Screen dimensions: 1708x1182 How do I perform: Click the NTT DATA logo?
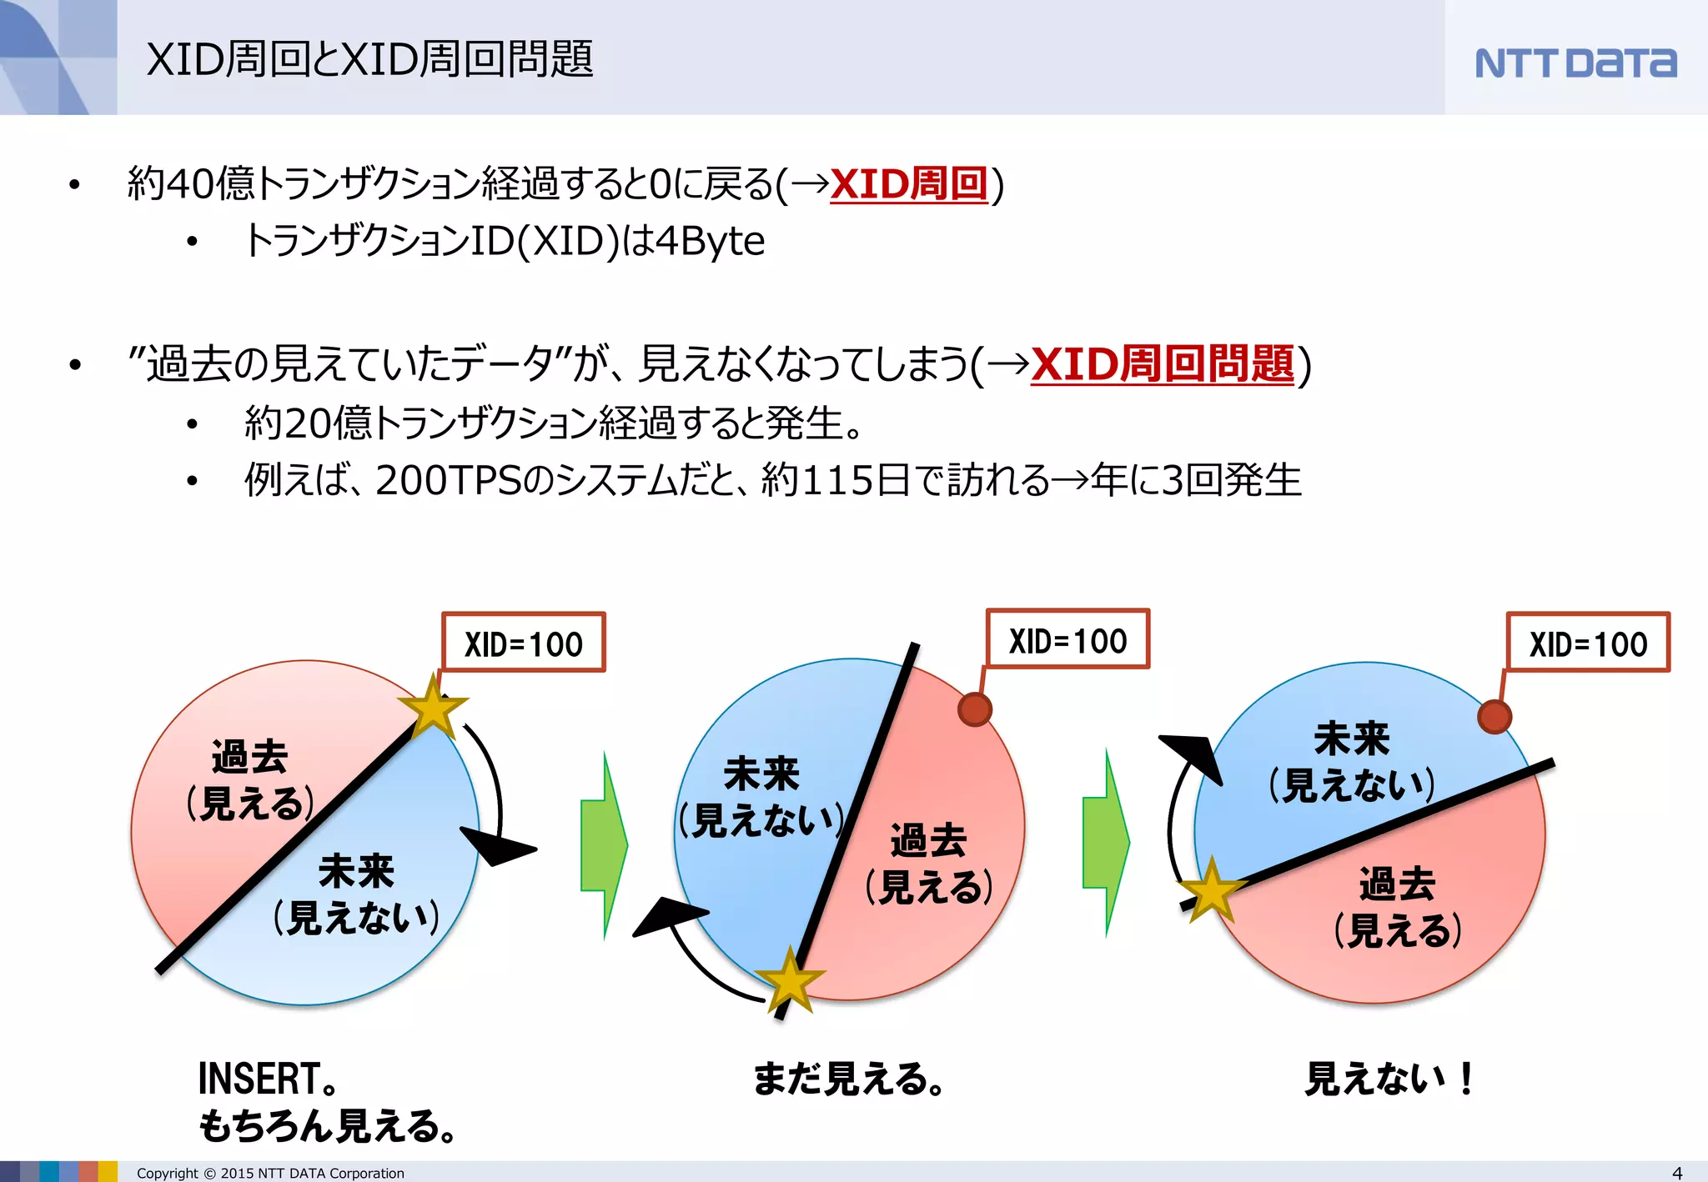(x=1575, y=63)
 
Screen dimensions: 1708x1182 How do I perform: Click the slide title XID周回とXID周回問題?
(x=369, y=60)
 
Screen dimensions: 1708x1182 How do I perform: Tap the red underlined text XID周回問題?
(x=1163, y=365)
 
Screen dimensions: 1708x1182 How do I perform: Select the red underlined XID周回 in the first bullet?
(x=909, y=184)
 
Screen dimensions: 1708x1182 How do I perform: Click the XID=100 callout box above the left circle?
(x=523, y=643)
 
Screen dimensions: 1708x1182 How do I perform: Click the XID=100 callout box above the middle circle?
(x=1067, y=639)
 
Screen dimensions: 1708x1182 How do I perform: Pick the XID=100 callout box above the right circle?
(x=1588, y=643)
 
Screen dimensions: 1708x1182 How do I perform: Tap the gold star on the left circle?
(x=433, y=708)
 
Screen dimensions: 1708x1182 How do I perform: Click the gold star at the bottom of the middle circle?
(x=789, y=980)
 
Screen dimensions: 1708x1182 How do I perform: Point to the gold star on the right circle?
(x=1211, y=890)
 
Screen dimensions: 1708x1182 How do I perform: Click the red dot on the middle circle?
(x=974, y=709)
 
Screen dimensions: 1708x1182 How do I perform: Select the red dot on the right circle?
(x=1494, y=716)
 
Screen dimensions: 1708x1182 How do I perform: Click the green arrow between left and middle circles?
(x=603, y=844)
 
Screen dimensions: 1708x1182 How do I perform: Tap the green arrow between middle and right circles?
(x=1105, y=843)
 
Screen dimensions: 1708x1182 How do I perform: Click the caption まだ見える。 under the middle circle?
(x=848, y=1079)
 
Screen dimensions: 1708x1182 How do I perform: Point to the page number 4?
(x=1677, y=1173)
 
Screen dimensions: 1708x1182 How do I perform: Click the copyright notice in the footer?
(x=270, y=1173)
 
